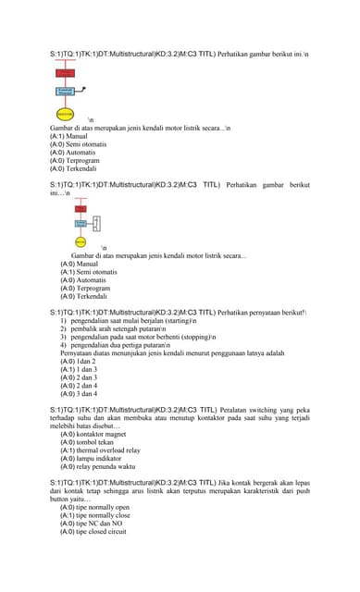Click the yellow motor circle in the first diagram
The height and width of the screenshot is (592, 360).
click(x=65, y=112)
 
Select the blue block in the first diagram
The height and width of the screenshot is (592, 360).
click(x=65, y=92)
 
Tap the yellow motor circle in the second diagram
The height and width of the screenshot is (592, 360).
click(x=81, y=241)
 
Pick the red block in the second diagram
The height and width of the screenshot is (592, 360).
click(x=81, y=209)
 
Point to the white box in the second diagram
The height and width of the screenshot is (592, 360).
click(x=96, y=224)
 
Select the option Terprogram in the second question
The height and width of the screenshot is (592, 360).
click(x=86, y=289)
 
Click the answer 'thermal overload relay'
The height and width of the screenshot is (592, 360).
click(x=101, y=450)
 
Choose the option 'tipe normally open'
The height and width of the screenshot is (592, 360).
click(x=95, y=508)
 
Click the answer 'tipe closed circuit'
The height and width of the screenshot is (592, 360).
click(x=93, y=532)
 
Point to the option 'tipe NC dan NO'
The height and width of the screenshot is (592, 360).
click(x=92, y=524)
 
